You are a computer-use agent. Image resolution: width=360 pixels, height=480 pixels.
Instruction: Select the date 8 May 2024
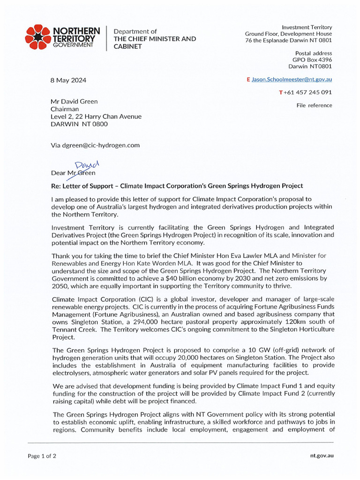point(68,80)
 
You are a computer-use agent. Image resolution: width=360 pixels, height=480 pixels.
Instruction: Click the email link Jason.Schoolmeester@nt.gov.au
point(292,80)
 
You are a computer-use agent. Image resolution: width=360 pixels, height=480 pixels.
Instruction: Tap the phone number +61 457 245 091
point(307,92)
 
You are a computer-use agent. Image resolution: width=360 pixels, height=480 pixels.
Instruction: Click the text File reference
point(314,105)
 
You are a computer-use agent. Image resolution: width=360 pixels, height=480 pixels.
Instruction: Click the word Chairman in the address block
point(65,109)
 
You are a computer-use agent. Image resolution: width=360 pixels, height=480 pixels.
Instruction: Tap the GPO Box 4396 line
point(312,60)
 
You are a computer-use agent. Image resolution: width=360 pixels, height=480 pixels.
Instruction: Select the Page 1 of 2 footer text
point(42,456)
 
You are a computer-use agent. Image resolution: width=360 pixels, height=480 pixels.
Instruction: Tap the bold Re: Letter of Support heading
point(177,186)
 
